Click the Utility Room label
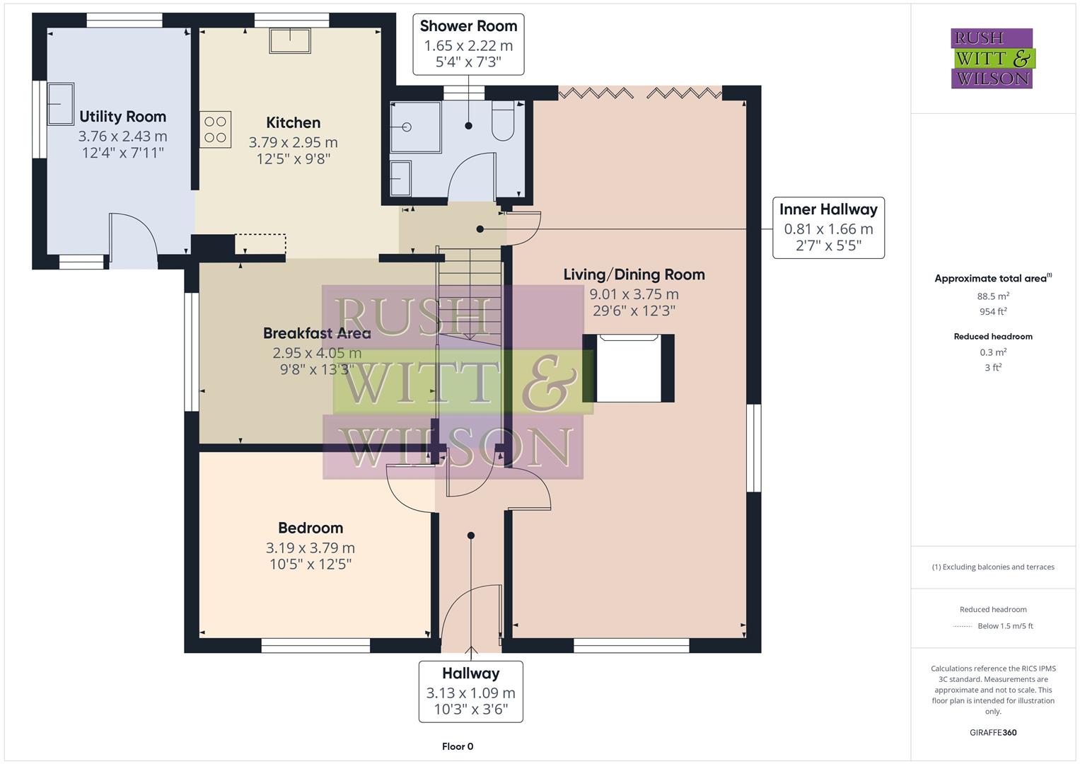(122, 117)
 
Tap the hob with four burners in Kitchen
(215, 129)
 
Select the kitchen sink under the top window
(289, 41)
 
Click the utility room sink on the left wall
(60, 104)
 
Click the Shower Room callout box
(468, 44)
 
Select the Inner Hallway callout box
(828, 228)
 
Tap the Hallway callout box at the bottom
(470, 691)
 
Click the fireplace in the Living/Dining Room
(629, 368)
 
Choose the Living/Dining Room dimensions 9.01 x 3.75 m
(634, 294)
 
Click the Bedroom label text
(310, 528)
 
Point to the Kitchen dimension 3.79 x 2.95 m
(293, 142)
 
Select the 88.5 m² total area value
(993, 296)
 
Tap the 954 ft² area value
(993, 311)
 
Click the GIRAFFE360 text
(993, 732)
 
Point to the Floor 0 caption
(457, 746)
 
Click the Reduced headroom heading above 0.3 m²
(993, 337)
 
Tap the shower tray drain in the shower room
(407, 127)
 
